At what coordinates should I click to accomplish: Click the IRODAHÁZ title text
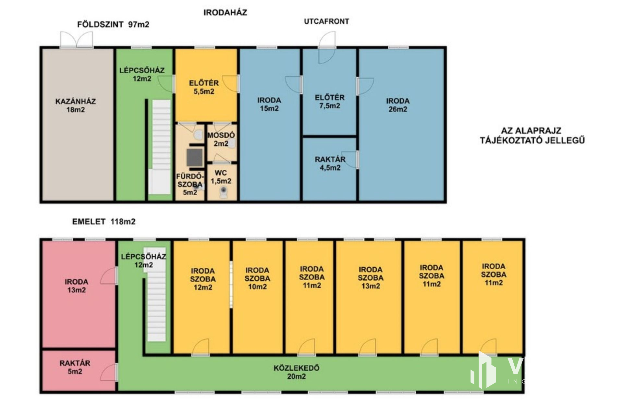tap(225, 13)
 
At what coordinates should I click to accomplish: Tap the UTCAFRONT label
tap(326, 21)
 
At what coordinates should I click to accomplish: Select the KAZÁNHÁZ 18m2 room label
tap(76, 105)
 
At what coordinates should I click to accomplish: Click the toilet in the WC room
tap(223, 193)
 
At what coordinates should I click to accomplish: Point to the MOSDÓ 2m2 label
tap(221, 139)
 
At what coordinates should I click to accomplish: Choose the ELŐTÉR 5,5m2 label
tap(204, 87)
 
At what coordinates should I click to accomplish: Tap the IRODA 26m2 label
tap(398, 105)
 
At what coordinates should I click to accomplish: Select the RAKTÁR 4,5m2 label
tap(330, 164)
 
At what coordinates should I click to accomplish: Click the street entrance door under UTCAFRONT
tap(327, 47)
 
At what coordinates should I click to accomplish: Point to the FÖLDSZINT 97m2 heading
tap(113, 25)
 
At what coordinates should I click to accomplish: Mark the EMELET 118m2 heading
tap(104, 222)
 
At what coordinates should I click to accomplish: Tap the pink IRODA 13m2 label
tap(76, 286)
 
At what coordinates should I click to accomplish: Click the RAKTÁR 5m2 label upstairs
tap(75, 367)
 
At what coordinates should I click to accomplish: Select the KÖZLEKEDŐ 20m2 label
tap(297, 372)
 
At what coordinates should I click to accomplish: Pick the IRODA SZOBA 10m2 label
tap(257, 278)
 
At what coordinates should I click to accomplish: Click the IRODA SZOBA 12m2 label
tap(203, 279)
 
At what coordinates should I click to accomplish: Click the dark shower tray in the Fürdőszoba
tap(195, 157)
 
